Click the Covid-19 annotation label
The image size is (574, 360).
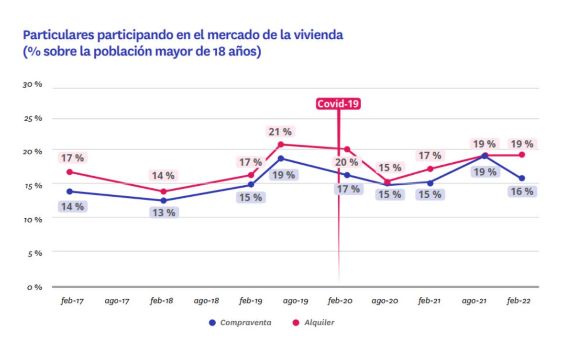pyautogui.click(x=338, y=103)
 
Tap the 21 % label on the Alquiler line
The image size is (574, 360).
pyautogui.click(x=280, y=132)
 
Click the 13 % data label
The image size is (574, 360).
pyautogui.click(x=164, y=213)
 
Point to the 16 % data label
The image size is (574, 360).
pyautogui.click(x=521, y=191)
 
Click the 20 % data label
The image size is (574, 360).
pyautogui.click(x=346, y=162)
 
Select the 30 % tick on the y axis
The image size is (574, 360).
pyautogui.click(x=33, y=84)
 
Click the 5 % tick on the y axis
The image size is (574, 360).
pyautogui.click(x=34, y=253)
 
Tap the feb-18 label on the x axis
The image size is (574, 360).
pyautogui.click(x=161, y=301)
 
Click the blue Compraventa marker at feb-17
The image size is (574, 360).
pyautogui.click(x=70, y=191)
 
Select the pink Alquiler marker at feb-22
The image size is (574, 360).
pyautogui.click(x=522, y=155)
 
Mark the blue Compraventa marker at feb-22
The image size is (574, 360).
pyautogui.click(x=522, y=178)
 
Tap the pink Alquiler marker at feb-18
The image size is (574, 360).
pyautogui.click(x=163, y=191)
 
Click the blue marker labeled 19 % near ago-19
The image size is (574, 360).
pyautogui.click(x=281, y=158)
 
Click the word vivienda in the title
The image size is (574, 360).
pyautogui.click(x=319, y=35)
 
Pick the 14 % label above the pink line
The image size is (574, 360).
pyautogui.click(x=163, y=176)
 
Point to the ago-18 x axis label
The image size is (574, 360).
pyautogui.click(x=206, y=301)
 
